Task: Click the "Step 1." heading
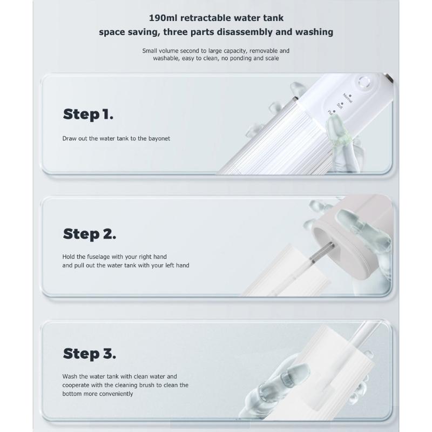tap(88, 114)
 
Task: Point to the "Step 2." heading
tap(90, 234)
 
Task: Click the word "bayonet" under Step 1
tap(159, 138)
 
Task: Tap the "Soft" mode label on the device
tap(340, 106)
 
